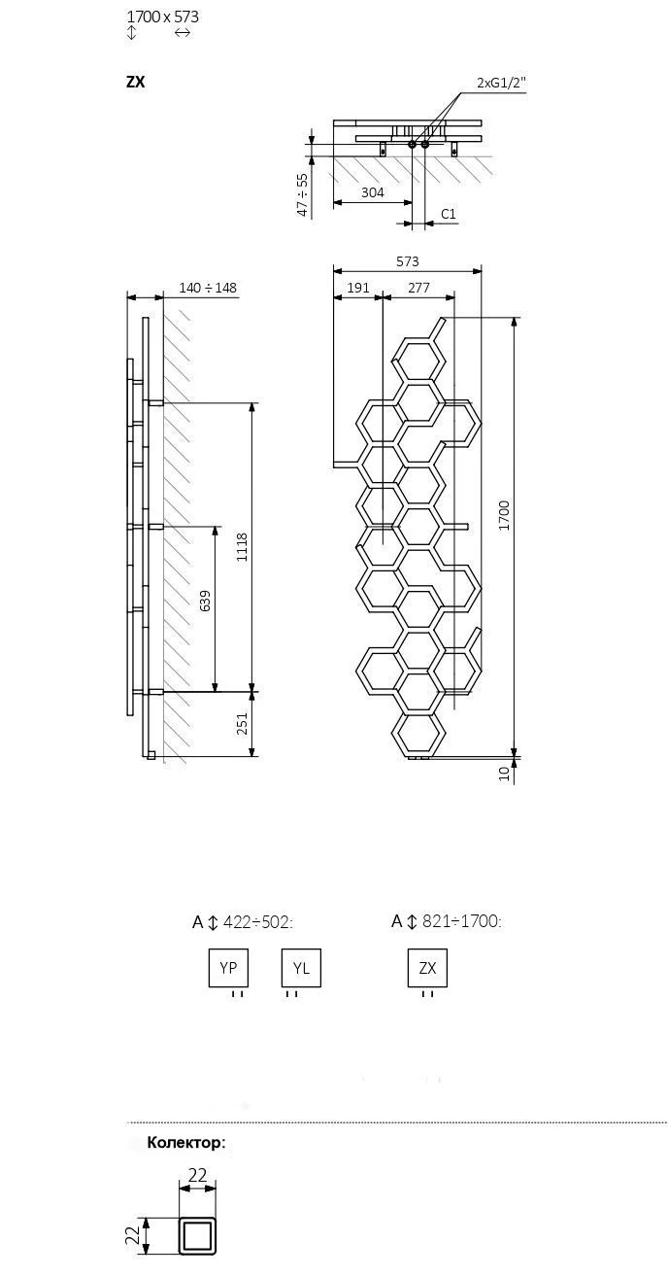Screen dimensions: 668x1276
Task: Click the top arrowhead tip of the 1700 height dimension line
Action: pyautogui.click(x=515, y=317)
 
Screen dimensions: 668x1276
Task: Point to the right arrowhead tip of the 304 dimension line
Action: pyautogui.click(x=412, y=202)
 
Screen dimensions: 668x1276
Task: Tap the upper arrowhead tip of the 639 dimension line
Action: pyautogui.click(x=216, y=526)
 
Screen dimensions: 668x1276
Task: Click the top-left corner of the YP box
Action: pyautogui.click(x=209, y=949)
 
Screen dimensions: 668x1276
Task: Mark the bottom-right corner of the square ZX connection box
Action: pyautogui.click(x=448, y=986)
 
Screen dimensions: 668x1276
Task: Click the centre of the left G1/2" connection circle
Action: pyautogui.click(x=413, y=145)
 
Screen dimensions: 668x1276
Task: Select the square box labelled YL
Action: pyautogui.click(x=301, y=968)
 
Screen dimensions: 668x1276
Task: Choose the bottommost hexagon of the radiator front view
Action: pyautogui.click(x=418, y=735)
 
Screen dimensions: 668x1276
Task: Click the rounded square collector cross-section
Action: pyautogui.click(x=197, y=1251)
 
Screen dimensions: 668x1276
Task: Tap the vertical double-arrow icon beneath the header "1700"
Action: pyautogui.click(x=131, y=33)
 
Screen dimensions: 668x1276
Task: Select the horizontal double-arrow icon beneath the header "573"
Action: pyautogui.click(x=183, y=33)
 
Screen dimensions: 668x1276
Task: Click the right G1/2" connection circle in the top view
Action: pyautogui.click(x=425, y=145)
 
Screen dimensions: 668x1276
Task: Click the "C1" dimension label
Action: pyautogui.click(x=449, y=214)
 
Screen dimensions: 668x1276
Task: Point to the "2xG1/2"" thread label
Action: pyautogui.click(x=501, y=83)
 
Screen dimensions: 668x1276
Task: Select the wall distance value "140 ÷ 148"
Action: pyautogui.click(x=208, y=288)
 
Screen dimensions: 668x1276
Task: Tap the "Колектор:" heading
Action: pyautogui.click(x=186, y=1142)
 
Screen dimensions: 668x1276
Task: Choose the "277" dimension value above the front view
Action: pyautogui.click(x=418, y=288)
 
